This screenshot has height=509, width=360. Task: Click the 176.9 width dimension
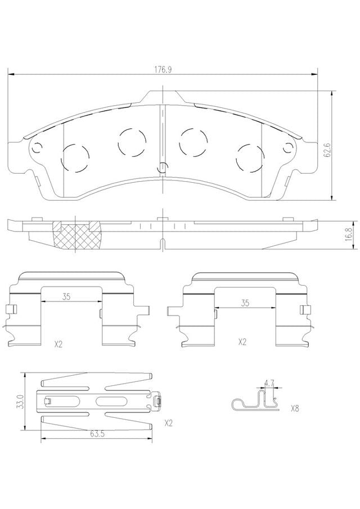pyautogui.click(x=163, y=70)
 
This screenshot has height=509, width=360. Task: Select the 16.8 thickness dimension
pyautogui.click(x=349, y=234)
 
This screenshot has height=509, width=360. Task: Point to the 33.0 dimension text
pyautogui.click(x=21, y=401)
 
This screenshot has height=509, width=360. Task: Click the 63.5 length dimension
pyautogui.click(x=96, y=434)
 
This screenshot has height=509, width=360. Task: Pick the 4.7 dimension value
pyautogui.click(x=269, y=383)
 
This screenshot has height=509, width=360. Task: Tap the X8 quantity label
pyautogui.click(x=294, y=408)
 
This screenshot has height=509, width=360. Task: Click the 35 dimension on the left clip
pyautogui.click(x=66, y=296)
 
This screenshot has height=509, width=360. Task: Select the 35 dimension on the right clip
pyautogui.click(x=245, y=303)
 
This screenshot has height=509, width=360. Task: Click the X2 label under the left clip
pyautogui.click(x=58, y=344)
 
